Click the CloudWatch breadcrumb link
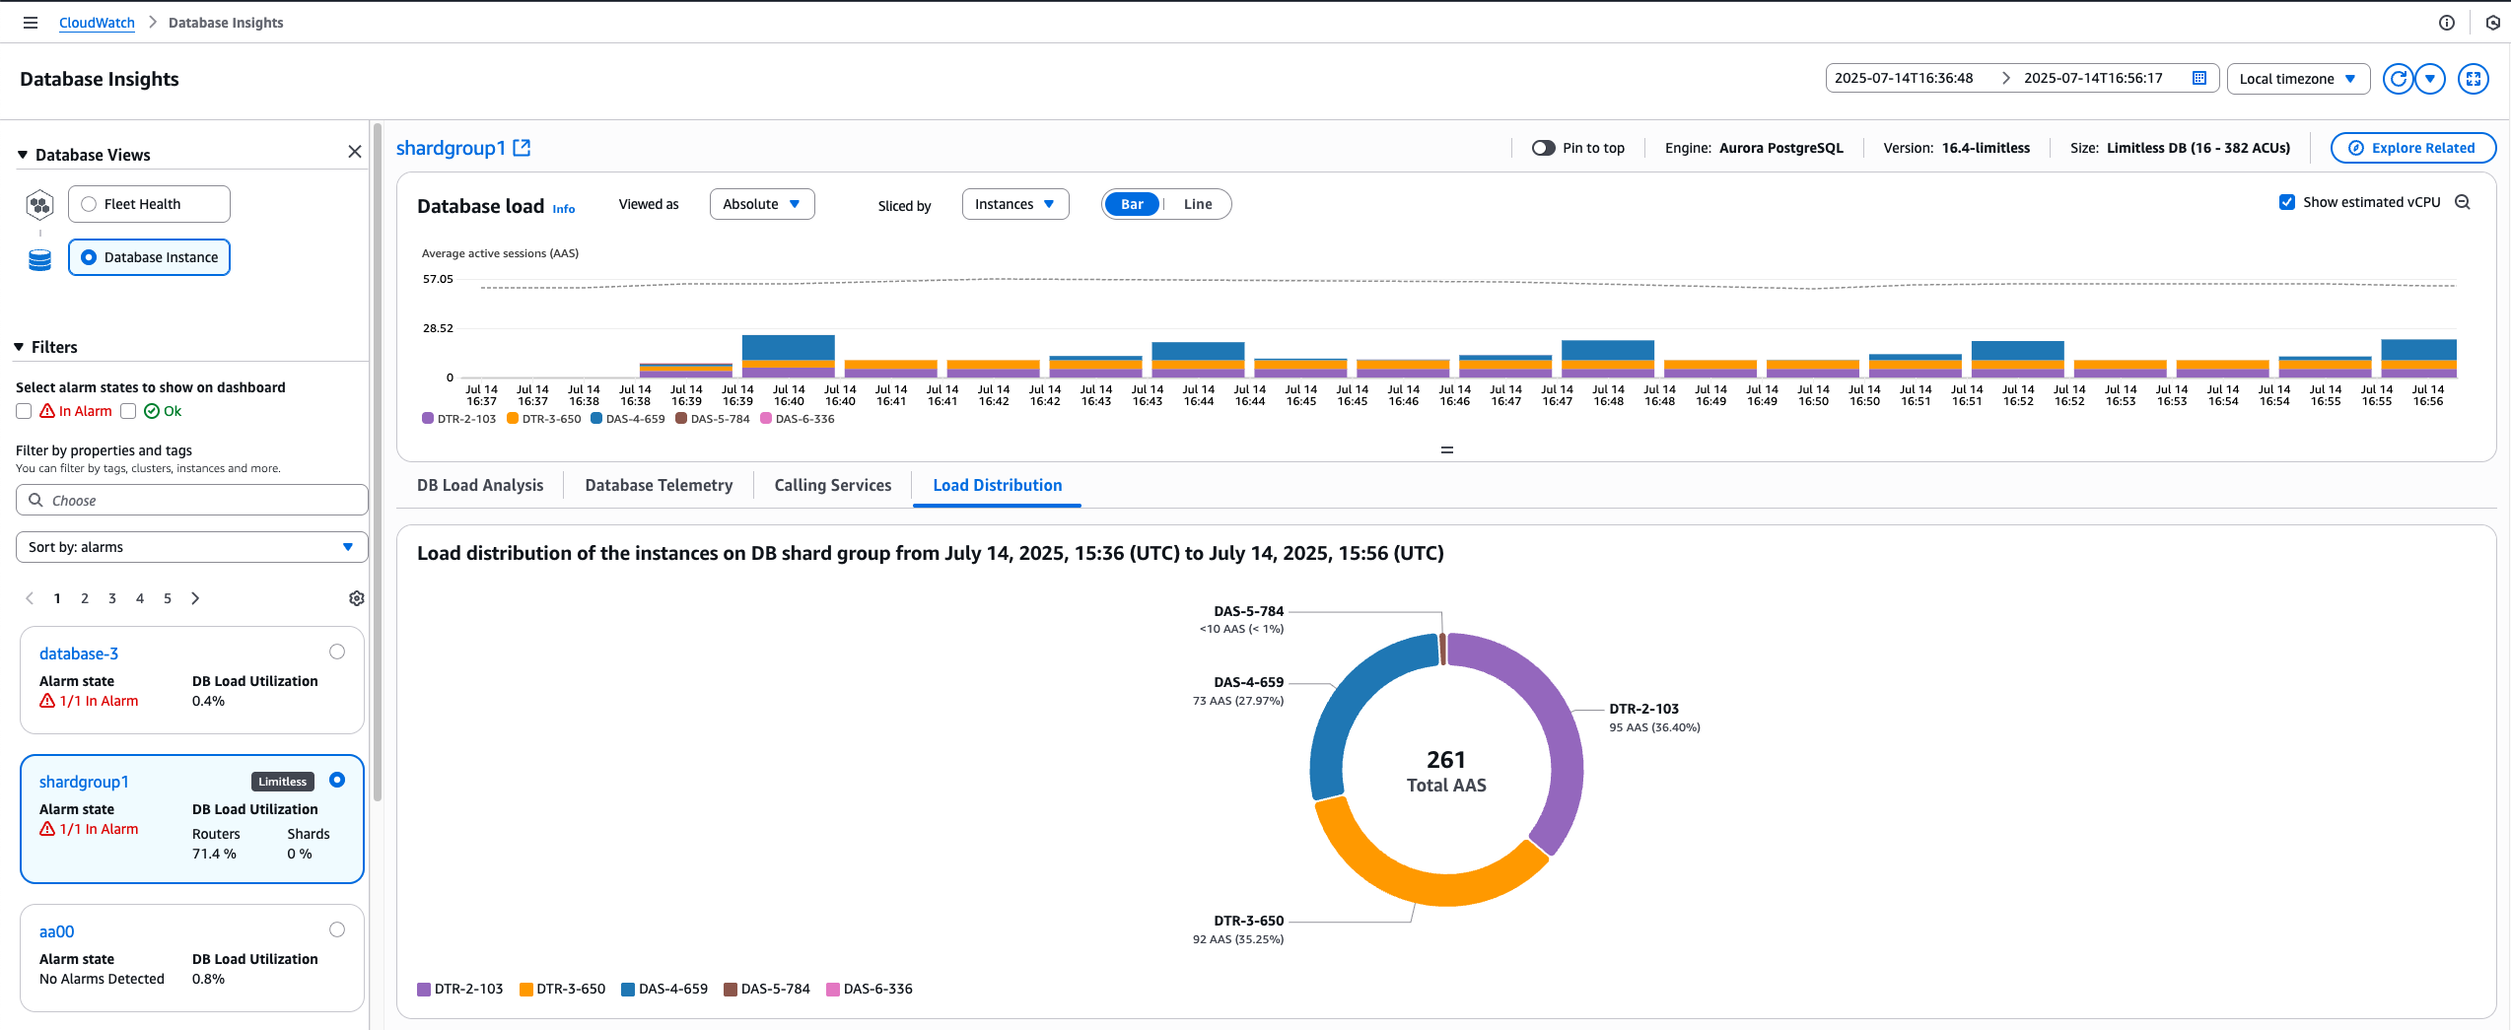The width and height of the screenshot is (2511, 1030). click(97, 23)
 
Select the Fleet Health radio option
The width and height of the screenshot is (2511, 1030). click(90, 204)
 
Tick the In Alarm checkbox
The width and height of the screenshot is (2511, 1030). click(24, 411)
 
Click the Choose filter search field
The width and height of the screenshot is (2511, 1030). click(192, 500)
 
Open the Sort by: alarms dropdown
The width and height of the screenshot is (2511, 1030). click(192, 547)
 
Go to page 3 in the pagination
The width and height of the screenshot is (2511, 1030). click(112, 598)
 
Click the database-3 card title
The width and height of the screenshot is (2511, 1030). click(79, 653)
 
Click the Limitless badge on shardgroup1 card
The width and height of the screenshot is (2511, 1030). click(282, 782)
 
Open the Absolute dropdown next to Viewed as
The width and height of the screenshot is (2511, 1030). click(761, 204)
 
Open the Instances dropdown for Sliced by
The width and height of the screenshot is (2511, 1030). click(1014, 204)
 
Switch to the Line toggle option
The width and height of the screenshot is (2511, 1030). click(1197, 204)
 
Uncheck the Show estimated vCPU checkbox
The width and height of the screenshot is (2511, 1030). click(2286, 202)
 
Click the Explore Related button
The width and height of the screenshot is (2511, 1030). click(2411, 148)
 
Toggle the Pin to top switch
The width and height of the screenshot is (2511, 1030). click(1543, 148)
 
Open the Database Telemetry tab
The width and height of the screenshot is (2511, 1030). click(659, 485)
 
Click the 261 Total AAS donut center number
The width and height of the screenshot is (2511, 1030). click(1445, 760)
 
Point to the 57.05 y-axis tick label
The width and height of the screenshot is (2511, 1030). click(438, 279)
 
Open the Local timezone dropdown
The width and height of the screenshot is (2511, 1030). click(2297, 79)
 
